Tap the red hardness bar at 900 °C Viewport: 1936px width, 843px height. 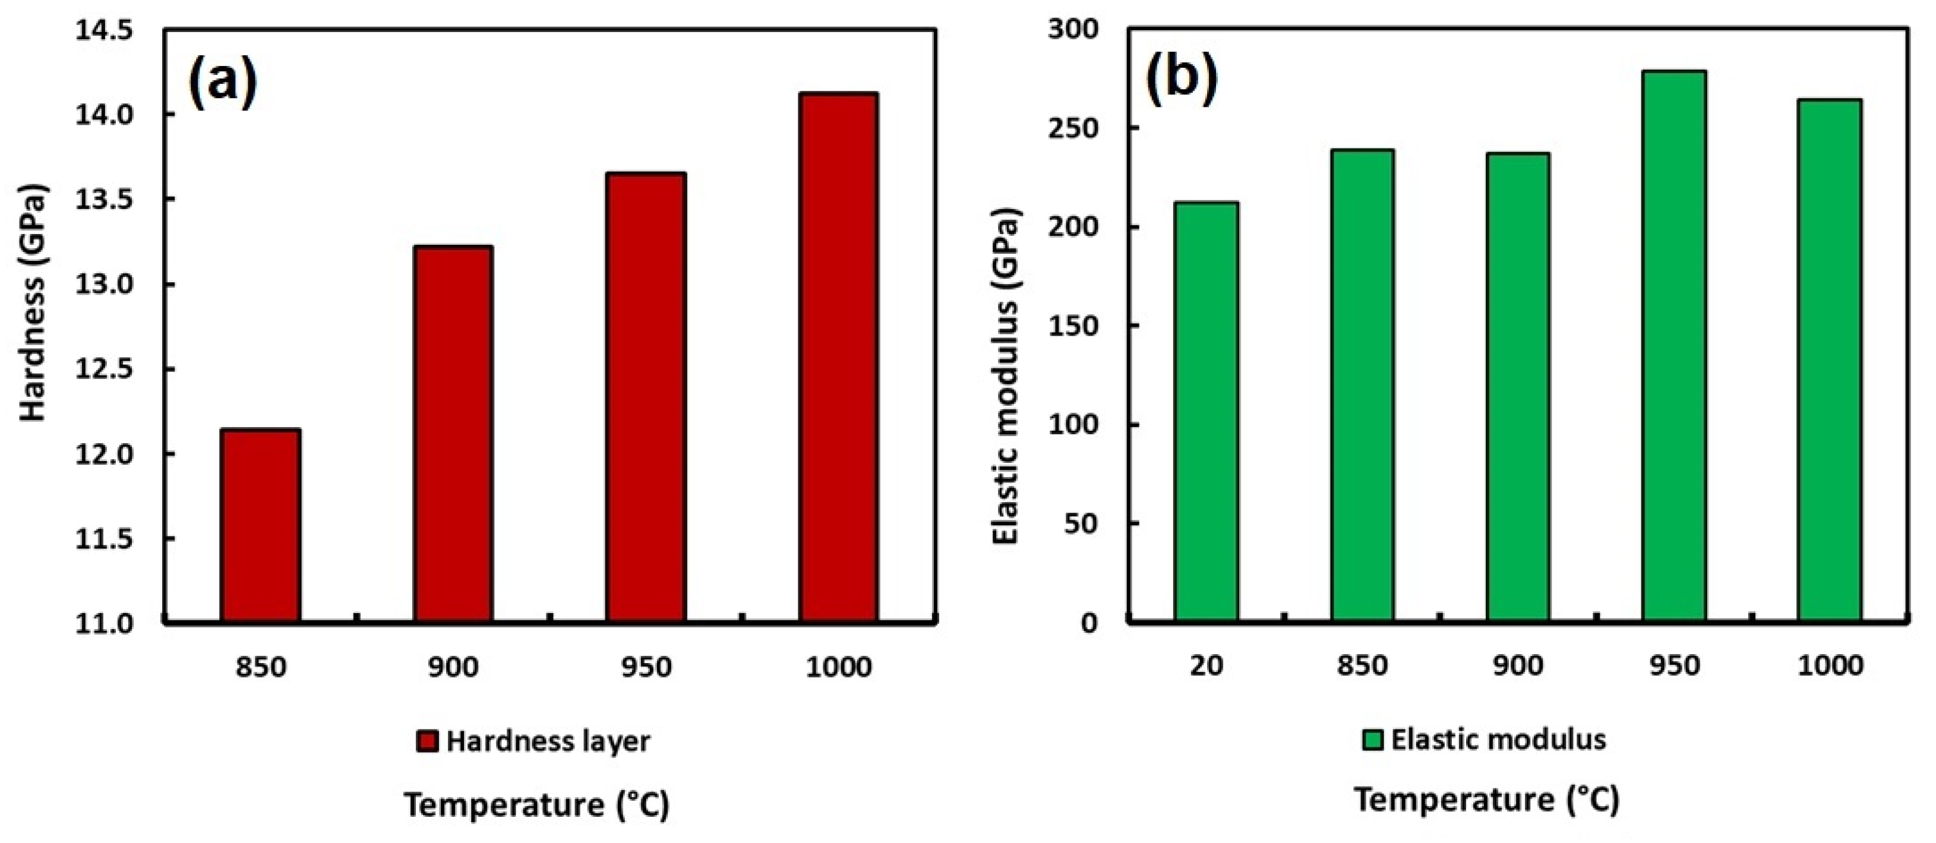pos(453,434)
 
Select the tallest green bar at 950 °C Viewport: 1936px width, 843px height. pos(1673,346)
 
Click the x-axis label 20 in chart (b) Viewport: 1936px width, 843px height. pos(1207,666)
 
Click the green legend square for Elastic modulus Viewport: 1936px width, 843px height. pos(1372,741)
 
